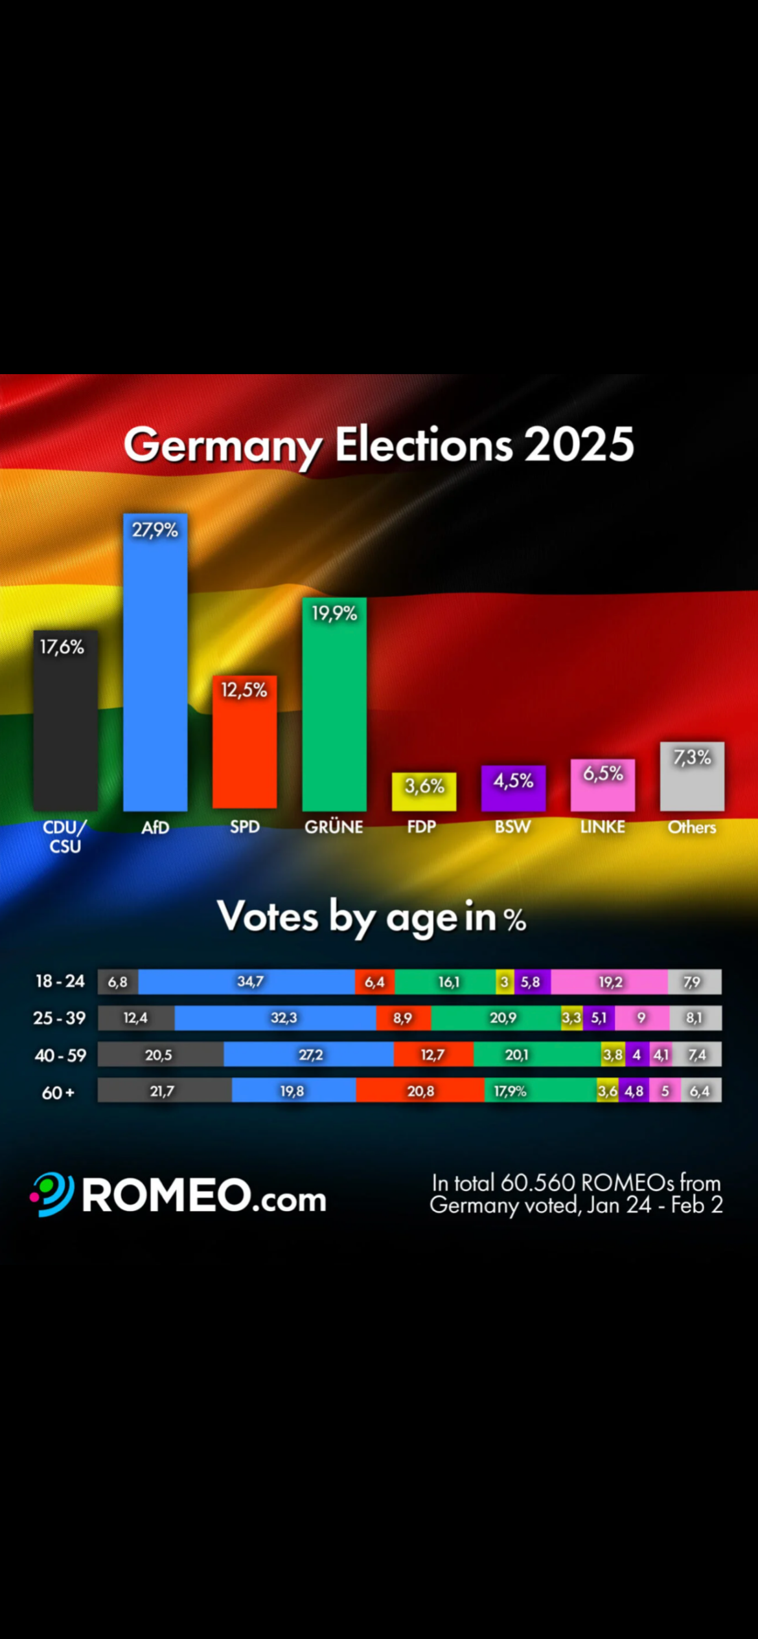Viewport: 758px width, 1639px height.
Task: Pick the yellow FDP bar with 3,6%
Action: click(x=424, y=791)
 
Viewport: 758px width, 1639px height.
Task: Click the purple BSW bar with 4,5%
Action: click(x=513, y=788)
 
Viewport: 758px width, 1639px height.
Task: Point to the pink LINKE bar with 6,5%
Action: click(x=603, y=785)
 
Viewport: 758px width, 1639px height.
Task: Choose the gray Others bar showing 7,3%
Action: click(x=692, y=776)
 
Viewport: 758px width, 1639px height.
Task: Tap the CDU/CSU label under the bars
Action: click(x=65, y=836)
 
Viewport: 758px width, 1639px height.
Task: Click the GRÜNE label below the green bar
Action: click(x=334, y=827)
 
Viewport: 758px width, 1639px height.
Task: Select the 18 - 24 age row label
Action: click(x=60, y=981)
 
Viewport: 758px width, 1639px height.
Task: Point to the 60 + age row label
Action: click(x=58, y=1093)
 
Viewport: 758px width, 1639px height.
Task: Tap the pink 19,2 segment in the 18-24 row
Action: click(x=609, y=981)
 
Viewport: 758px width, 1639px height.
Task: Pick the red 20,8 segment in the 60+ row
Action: click(x=420, y=1091)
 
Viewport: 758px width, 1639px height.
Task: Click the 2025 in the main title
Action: click(x=579, y=445)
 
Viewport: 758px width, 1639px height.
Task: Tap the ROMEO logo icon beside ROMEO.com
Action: click(x=52, y=1194)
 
